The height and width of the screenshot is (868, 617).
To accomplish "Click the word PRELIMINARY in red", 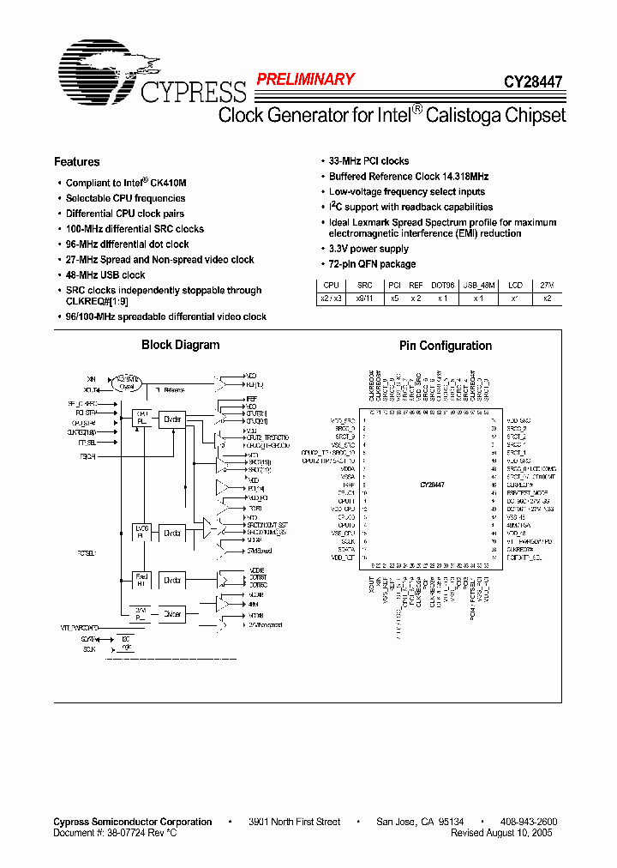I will pyautogui.click(x=305, y=80).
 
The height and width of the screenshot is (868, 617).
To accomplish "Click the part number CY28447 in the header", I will pyautogui.click(x=532, y=83).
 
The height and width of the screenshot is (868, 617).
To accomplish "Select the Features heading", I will pyautogui.click(x=76, y=161).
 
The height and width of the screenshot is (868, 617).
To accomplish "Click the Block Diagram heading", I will pyautogui.click(x=180, y=345).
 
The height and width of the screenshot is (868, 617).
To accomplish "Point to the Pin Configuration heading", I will pyautogui.click(x=446, y=346).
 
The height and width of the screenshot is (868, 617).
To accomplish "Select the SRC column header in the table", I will pyautogui.click(x=365, y=285).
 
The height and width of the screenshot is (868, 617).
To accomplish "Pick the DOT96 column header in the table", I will pyautogui.click(x=443, y=285).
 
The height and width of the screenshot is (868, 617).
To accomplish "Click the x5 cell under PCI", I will pyautogui.click(x=393, y=298).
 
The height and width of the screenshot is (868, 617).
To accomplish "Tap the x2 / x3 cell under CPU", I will pyautogui.click(x=330, y=298).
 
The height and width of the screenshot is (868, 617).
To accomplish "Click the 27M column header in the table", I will pyautogui.click(x=548, y=285).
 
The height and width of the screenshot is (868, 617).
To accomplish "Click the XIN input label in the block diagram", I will pyautogui.click(x=92, y=378).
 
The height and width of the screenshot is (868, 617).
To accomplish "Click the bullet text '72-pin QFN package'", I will pyautogui.click(x=372, y=264).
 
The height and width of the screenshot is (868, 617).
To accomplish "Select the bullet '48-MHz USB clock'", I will pyautogui.click(x=105, y=275).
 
